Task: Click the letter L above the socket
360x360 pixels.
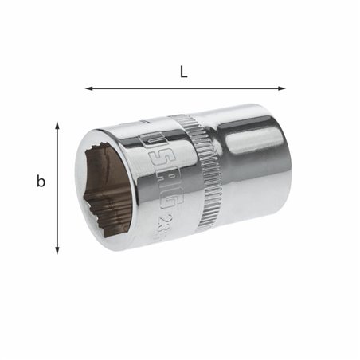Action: [184, 72]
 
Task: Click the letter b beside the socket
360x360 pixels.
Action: [41, 182]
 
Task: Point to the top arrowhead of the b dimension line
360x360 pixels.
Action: [57, 125]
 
